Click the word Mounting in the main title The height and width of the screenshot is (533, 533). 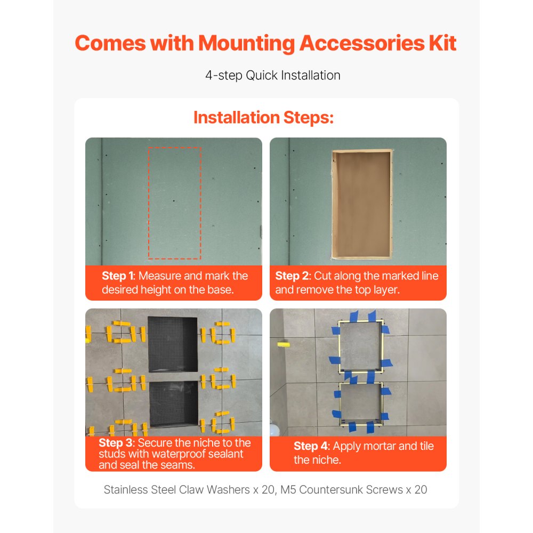point(246,44)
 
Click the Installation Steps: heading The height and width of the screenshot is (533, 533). point(263,118)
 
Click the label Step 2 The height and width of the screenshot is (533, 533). point(292,276)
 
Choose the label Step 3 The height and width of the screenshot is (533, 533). point(116,442)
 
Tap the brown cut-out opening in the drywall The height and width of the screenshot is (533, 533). point(362,204)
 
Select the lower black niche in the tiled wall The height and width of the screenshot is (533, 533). point(173,403)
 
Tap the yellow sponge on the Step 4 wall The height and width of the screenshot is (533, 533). point(284,345)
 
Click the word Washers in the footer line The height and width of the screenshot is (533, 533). point(228,489)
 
